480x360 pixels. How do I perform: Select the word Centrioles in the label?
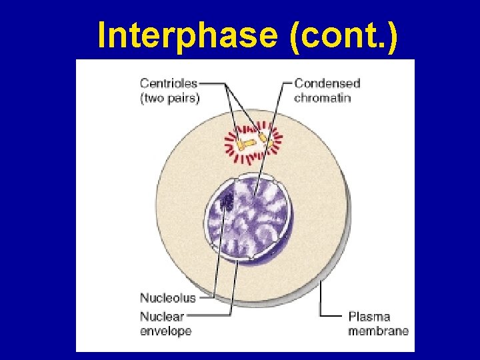click(x=169, y=83)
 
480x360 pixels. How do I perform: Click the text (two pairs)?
click(x=169, y=97)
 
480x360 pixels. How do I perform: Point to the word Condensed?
click(x=327, y=83)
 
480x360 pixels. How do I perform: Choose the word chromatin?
click(x=323, y=97)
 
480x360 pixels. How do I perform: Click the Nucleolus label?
click(x=167, y=297)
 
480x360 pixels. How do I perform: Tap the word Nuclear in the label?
click(x=162, y=316)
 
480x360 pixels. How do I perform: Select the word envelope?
click(x=165, y=331)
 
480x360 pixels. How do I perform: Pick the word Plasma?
click(x=369, y=316)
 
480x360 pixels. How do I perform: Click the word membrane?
click(x=378, y=331)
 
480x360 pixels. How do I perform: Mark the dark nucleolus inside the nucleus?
click(x=227, y=200)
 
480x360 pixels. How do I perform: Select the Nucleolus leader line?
click(x=217, y=260)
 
